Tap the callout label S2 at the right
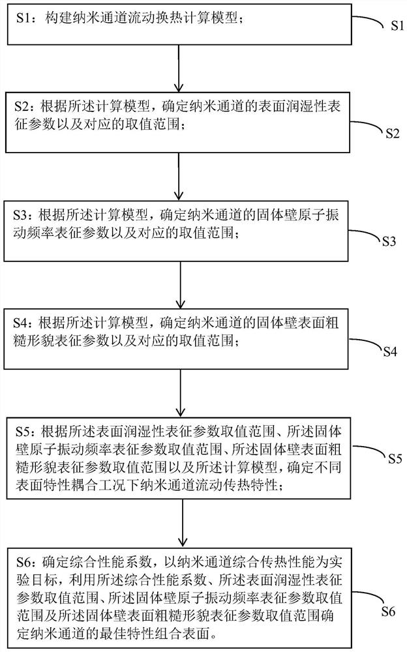(x=391, y=133)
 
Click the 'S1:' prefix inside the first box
(x=31, y=20)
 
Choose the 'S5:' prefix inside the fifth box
(x=31, y=432)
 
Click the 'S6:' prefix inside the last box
(x=31, y=559)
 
